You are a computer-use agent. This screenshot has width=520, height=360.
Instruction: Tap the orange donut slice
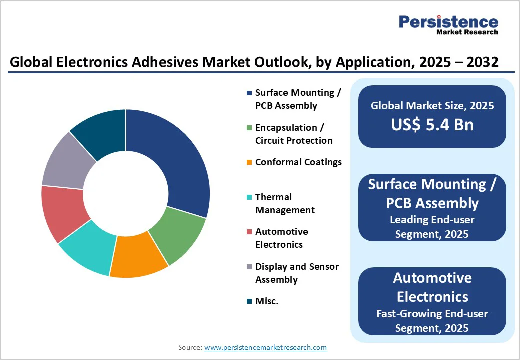[x=138, y=257]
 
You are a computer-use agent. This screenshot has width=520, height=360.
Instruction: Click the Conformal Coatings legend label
[x=298, y=162]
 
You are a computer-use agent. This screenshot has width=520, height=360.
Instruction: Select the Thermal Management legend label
[x=285, y=203]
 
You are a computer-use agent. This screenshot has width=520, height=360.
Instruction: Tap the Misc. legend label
[x=267, y=301]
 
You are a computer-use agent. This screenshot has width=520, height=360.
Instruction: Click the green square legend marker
[x=249, y=128]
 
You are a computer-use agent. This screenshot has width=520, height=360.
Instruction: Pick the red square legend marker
[x=249, y=232]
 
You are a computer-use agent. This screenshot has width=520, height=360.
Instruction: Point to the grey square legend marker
[x=249, y=267]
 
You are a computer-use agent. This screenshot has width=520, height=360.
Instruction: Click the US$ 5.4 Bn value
[x=432, y=125]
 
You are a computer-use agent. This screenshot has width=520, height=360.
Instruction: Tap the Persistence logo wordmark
[x=448, y=22]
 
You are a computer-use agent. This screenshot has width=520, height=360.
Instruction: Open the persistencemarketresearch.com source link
[x=265, y=347]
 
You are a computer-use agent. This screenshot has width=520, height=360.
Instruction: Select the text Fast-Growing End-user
[x=432, y=313]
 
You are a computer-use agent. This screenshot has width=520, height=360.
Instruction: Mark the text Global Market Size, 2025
[x=432, y=105]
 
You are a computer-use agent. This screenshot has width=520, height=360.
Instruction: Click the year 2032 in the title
[x=482, y=62]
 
